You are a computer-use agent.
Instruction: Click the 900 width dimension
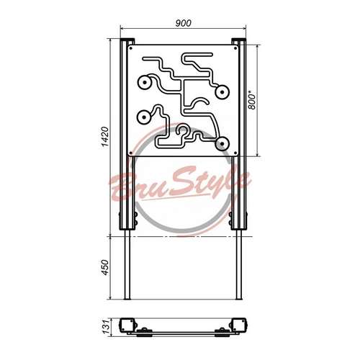coord(184,23)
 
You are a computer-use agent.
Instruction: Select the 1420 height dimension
coord(105,137)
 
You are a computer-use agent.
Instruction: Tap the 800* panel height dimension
coord(252,102)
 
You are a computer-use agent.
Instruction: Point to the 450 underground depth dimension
coord(105,267)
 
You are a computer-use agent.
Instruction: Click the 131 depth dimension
coord(106,327)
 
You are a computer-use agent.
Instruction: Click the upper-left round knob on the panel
coord(145,83)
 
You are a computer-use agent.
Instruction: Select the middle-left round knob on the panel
coord(144,117)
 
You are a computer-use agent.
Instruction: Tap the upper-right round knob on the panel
coord(222,92)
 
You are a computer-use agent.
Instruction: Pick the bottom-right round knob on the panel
coord(222,144)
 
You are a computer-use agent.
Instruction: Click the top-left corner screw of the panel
coord(131,48)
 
